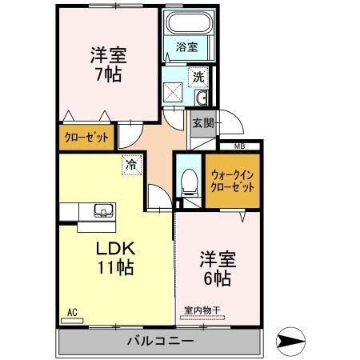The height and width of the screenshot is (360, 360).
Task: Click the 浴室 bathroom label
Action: [x=186, y=47]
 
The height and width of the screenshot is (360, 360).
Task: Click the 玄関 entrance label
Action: [x=203, y=123]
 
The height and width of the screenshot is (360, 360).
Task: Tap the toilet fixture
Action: [x=189, y=185]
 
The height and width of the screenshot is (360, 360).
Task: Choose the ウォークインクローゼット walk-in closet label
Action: [x=231, y=181]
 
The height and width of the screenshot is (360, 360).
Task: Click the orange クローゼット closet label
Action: [x=86, y=137]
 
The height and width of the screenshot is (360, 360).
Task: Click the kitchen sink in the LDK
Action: [x=103, y=211]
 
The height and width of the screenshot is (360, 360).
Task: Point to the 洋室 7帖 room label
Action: [x=107, y=66]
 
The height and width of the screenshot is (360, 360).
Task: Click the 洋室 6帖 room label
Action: [x=216, y=269]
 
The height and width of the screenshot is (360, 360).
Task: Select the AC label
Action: [x=71, y=312]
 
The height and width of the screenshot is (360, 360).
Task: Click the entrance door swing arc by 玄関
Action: [x=230, y=122]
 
